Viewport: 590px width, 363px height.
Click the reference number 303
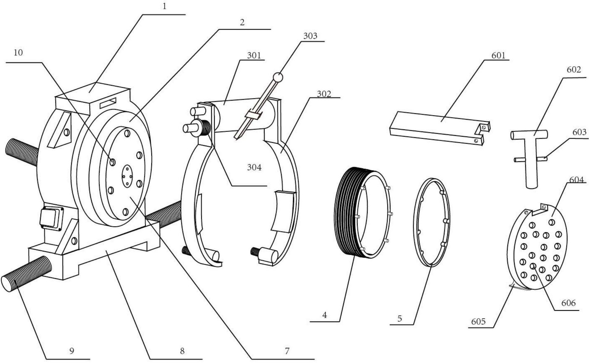pos(310,36)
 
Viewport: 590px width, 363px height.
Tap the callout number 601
pos(498,55)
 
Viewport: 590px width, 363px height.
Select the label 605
pos(479,321)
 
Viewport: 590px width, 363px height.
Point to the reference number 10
pos(18,53)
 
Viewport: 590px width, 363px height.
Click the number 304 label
pos(254,167)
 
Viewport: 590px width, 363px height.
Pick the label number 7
pos(287,351)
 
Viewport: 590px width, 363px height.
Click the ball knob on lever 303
pos(278,77)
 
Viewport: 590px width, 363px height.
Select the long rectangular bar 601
pos(440,128)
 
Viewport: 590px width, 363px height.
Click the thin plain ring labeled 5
pos(432,222)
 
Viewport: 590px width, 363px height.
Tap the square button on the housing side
pos(51,217)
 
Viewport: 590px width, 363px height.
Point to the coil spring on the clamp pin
pos(205,127)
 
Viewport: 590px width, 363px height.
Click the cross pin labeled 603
pos(530,159)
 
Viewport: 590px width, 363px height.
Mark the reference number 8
pos(182,351)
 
